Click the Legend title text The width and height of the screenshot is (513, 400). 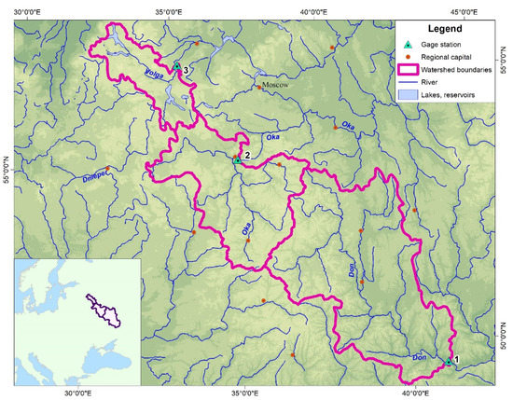(x=450, y=29)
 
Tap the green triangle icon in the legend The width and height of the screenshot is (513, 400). (x=407, y=46)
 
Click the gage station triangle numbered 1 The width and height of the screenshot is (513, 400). (x=448, y=362)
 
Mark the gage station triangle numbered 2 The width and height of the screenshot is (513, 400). (x=237, y=159)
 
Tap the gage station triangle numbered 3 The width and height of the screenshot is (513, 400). (x=175, y=66)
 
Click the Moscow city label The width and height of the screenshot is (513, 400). (x=276, y=85)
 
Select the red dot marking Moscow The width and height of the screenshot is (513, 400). (x=259, y=88)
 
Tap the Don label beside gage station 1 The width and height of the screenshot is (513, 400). (x=418, y=356)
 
